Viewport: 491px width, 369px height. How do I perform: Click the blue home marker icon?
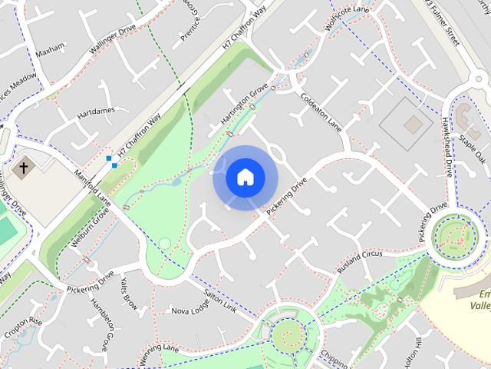coord(245,178)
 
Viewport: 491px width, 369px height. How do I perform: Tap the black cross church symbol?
coord(24,166)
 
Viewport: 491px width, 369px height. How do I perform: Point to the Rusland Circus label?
coord(359,261)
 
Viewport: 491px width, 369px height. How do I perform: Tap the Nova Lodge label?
coord(190,309)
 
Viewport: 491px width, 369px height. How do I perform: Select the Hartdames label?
coord(96,112)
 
